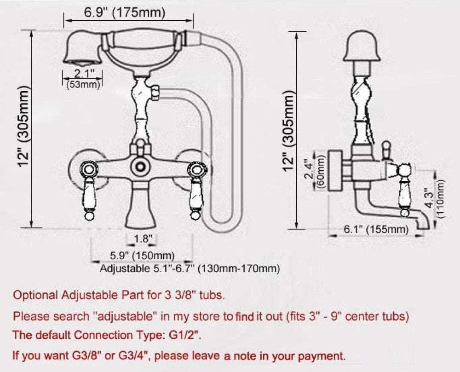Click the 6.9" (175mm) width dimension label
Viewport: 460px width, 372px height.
(124, 12)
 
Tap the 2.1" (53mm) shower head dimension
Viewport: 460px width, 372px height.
(82, 78)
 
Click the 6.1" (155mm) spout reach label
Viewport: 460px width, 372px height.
(376, 229)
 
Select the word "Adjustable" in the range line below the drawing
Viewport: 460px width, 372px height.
(121, 268)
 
